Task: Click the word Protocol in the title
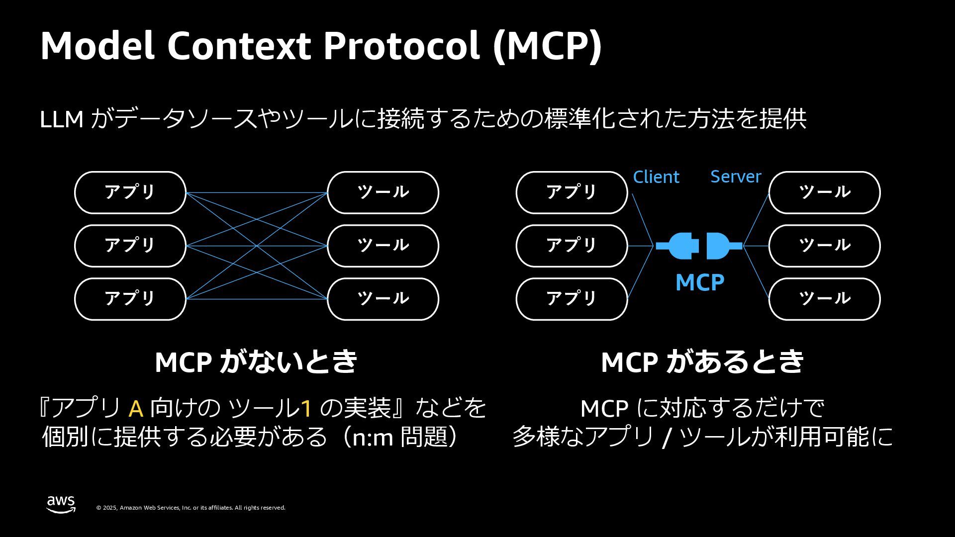click(401, 46)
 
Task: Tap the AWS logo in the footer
click(61, 504)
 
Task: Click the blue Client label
click(656, 177)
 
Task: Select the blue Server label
click(735, 177)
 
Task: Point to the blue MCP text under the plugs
click(699, 282)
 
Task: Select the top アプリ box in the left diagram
click(130, 192)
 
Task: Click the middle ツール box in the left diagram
click(382, 246)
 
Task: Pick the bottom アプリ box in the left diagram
click(130, 299)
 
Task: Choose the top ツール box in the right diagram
click(824, 192)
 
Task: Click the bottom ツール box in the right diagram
click(824, 299)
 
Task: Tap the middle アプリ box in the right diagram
click(572, 246)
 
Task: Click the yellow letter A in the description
click(136, 409)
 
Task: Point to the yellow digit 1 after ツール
click(306, 409)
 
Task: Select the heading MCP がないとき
click(256, 361)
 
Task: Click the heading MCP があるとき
click(702, 361)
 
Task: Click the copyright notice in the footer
click(191, 508)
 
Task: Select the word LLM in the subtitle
click(61, 120)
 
